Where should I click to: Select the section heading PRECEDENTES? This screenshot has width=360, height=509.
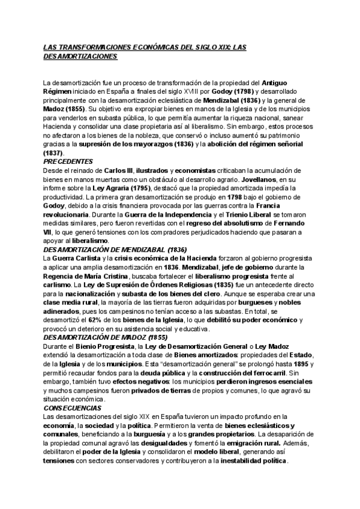[x=68, y=161]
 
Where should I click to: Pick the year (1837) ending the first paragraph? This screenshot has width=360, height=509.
[x=53, y=153]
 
